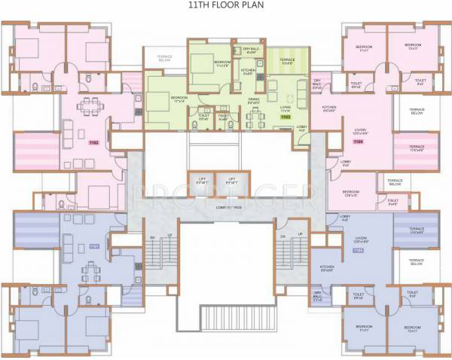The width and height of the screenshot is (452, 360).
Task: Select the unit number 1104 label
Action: (x=358, y=142)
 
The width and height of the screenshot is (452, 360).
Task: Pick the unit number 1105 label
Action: (x=357, y=249)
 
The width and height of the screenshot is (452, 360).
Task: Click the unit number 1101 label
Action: (x=94, y=246)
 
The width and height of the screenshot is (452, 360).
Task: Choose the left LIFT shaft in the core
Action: (x=202, y=182)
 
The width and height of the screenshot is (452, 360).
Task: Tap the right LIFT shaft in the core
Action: (x=231, y=182)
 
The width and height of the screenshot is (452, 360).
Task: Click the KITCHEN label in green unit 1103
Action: (x=249, y=72)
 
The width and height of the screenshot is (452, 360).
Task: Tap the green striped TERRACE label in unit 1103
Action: (x=287, y=61)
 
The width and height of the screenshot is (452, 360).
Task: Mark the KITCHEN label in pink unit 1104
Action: (x=328, y=108)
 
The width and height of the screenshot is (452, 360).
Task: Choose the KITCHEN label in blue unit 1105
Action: (x=327, y=269)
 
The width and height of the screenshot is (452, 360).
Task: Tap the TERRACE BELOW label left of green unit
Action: (x=164, y=59)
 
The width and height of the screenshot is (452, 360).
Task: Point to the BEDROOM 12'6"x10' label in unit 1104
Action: (x=351, y=193)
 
